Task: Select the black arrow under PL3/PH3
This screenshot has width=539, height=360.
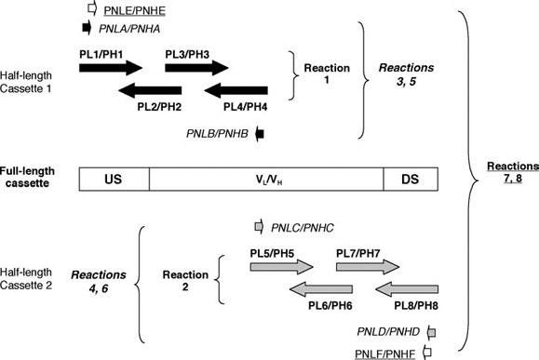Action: [x=196, y=67]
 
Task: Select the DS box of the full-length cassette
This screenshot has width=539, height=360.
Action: [x=407, y=179]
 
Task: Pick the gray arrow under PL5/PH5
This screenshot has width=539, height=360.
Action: [x=281, y=266]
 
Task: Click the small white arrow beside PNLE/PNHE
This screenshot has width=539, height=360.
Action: [x=91, y=9]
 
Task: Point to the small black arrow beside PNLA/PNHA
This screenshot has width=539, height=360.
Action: [x=88, y=28]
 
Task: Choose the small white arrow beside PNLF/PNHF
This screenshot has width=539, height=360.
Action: [x=429, y=351]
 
